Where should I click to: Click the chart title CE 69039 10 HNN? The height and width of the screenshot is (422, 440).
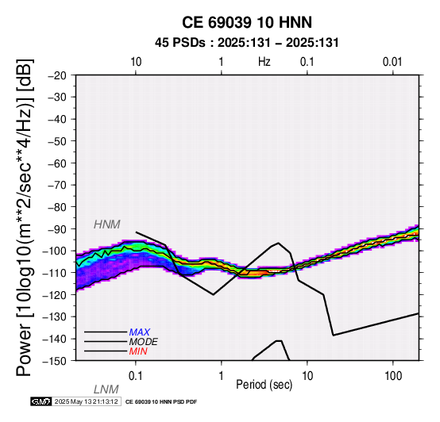[247, 22]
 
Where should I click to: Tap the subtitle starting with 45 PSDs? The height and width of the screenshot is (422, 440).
[247, 43]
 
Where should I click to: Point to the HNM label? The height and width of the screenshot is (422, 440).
[107, 224]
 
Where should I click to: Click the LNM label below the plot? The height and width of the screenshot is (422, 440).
[106, 389]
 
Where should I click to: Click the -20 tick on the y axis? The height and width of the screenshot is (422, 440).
[57, 75]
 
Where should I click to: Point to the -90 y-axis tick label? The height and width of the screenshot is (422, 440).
[57, 229]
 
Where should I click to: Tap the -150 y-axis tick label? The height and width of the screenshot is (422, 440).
[55, 361]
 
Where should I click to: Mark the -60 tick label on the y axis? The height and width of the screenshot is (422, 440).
[57, 163]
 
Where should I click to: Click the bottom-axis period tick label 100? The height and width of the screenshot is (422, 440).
[393, 376]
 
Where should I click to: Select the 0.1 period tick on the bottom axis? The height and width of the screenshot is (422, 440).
[136, 376]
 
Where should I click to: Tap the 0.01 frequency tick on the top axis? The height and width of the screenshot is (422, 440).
[392, 62]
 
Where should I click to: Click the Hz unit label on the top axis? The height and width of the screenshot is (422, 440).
[264, 62]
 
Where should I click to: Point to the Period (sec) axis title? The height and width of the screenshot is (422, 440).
[264, 385]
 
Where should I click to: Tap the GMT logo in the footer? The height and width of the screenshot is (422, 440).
[41, 401]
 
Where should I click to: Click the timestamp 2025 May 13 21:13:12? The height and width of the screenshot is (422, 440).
[86, 401]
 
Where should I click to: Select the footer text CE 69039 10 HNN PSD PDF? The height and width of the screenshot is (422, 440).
[161, 402]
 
